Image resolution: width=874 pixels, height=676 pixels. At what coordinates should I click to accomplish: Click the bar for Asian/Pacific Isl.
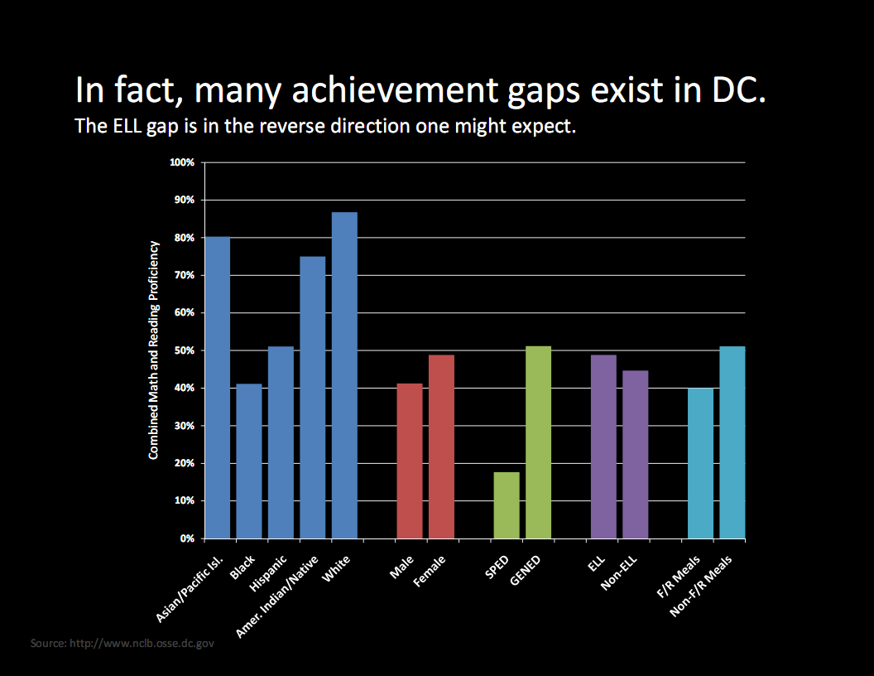click(218, 388)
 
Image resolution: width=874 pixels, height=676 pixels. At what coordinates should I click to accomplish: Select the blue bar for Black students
click(249, 461)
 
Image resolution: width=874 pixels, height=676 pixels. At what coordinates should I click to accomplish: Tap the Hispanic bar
click(281, 442)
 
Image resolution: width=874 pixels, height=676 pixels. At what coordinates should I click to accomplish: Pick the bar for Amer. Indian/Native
click(313, 398)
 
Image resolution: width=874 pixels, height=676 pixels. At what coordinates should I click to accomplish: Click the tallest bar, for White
click(344, 375)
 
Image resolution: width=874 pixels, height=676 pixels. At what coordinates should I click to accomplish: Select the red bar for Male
click(410, 461)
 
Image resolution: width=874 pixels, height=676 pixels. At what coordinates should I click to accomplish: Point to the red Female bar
click(441, 447)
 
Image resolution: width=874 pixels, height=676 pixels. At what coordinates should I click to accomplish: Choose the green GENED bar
click(538, 442)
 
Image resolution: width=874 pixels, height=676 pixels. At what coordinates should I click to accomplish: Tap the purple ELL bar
click(603, 447)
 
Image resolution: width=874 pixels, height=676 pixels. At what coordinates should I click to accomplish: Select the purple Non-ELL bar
click(636, 454)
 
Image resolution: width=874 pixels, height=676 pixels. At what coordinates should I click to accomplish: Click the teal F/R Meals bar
click(700, 463)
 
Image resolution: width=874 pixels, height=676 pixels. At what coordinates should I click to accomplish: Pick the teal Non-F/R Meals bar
click(732, 442)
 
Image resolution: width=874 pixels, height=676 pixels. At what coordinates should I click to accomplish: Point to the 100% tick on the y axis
click(181, 162)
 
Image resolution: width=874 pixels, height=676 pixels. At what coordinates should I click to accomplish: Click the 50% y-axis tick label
click(183, 350)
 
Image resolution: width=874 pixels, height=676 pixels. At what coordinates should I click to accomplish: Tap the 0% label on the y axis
click(186, 538)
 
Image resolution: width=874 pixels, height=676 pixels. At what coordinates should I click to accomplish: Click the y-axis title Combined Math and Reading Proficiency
click(153, 350)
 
